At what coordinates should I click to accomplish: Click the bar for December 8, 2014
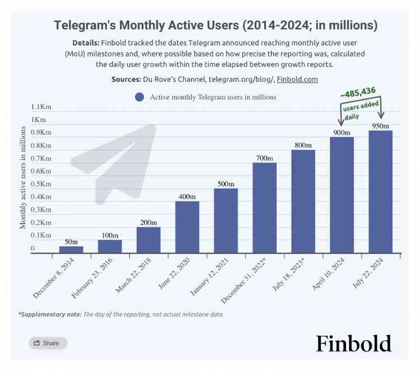coord(71,250)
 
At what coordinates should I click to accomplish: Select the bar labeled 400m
coord(187,227)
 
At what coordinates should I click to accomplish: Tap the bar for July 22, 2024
coord(380,191)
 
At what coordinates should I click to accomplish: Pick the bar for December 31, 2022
coord(264,208)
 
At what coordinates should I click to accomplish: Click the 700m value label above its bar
coord(264,158)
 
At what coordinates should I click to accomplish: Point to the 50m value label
coord(71,242)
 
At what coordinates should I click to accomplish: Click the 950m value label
coord(380,127)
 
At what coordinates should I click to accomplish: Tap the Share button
coord(48,343)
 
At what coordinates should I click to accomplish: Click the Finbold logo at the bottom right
coord(353,343)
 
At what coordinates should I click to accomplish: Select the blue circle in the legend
coord(139,97)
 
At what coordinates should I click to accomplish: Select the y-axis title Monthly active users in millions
coord(23,177)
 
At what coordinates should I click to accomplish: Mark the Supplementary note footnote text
coord(121,315)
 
